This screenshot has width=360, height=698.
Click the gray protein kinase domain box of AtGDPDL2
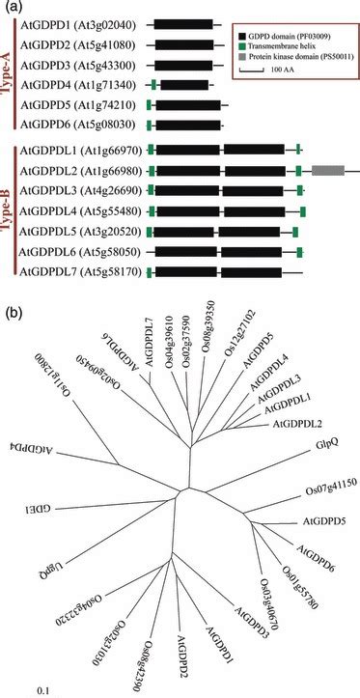[328, 170]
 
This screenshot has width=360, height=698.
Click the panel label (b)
[14, 315]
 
